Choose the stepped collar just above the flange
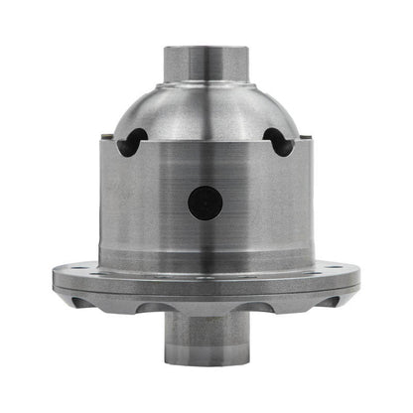point(206,256)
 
